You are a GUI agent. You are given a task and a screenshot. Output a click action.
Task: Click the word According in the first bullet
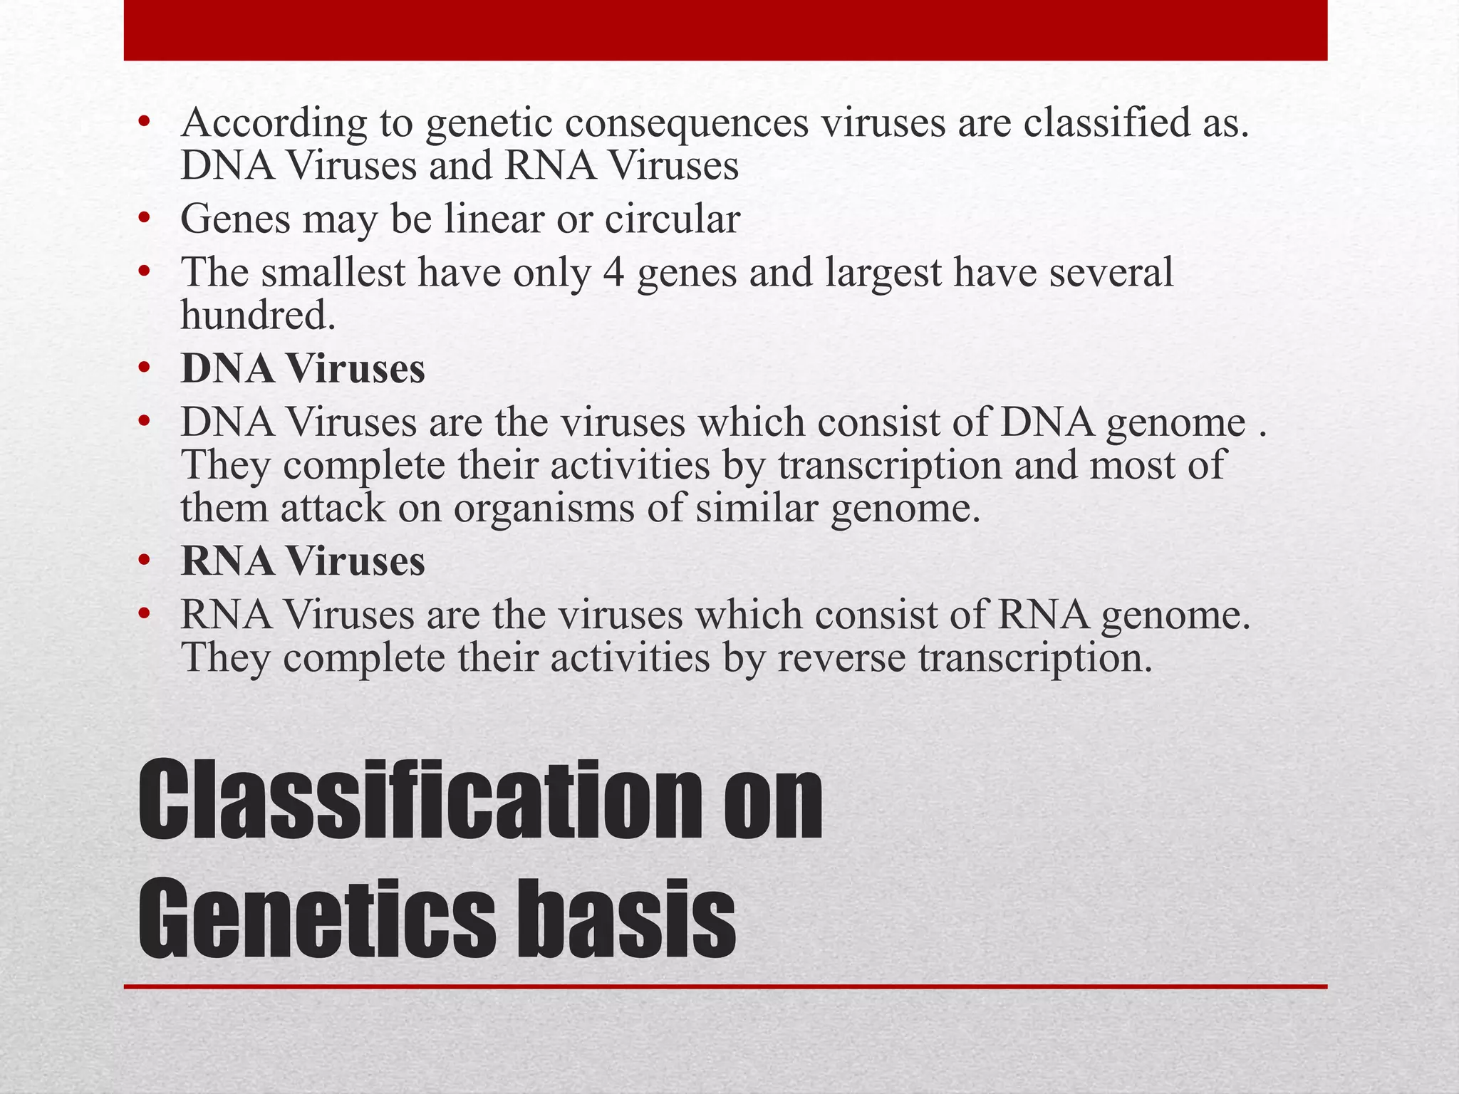[274, 123]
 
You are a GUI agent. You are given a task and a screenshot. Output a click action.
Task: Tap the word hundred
[257, 316]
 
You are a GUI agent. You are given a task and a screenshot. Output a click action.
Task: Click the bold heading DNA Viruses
[303, 369]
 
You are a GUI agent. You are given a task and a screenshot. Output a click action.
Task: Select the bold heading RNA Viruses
[303, 561]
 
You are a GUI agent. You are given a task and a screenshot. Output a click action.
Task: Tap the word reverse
[841, 657]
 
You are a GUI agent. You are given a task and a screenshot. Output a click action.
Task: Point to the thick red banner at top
[725, 30]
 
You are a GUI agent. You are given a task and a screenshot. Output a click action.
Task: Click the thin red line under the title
[725, 986]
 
